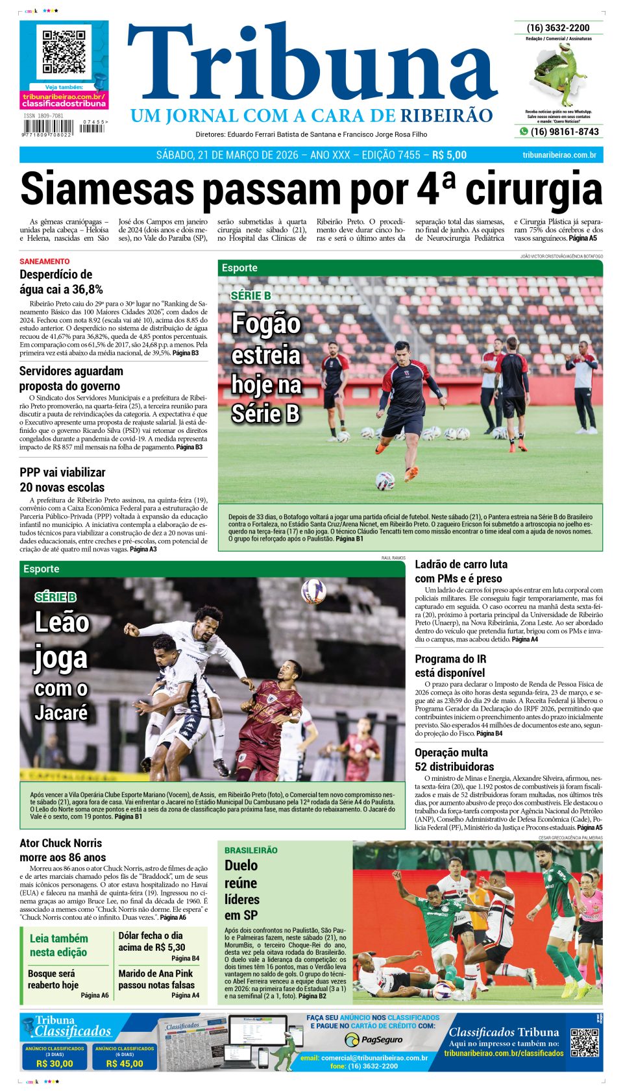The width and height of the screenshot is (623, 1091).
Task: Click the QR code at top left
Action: [x=64, y=51]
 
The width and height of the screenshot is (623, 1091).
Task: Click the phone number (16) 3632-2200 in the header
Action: [x=558, y=28]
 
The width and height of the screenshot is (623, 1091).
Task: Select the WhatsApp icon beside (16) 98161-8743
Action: [x=523, y=132]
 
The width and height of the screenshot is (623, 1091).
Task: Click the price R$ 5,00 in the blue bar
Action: [x=449, y=155]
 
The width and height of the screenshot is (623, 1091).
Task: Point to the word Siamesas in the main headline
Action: [x=107, y=190]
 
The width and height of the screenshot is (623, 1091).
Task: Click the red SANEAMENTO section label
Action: [x=44, y=262]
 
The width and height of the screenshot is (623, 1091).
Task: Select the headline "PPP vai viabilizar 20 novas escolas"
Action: [x=62, y=480]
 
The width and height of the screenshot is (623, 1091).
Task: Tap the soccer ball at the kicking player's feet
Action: [x=385, y=480]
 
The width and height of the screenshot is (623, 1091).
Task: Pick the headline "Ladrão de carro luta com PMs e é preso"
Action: [x=461, y=571]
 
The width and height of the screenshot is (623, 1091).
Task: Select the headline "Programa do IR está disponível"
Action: [x=450, y=666]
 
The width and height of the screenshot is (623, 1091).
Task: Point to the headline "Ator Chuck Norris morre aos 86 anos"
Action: [x=62, y=850]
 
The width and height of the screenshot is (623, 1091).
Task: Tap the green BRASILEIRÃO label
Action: [x=250, y=850]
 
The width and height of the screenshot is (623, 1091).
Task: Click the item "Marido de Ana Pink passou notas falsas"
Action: [x=156, y=979]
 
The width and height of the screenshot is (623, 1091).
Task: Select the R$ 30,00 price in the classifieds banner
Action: [x=55, y=1064]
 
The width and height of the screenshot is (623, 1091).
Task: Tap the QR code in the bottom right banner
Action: [x=584, y=1042]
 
